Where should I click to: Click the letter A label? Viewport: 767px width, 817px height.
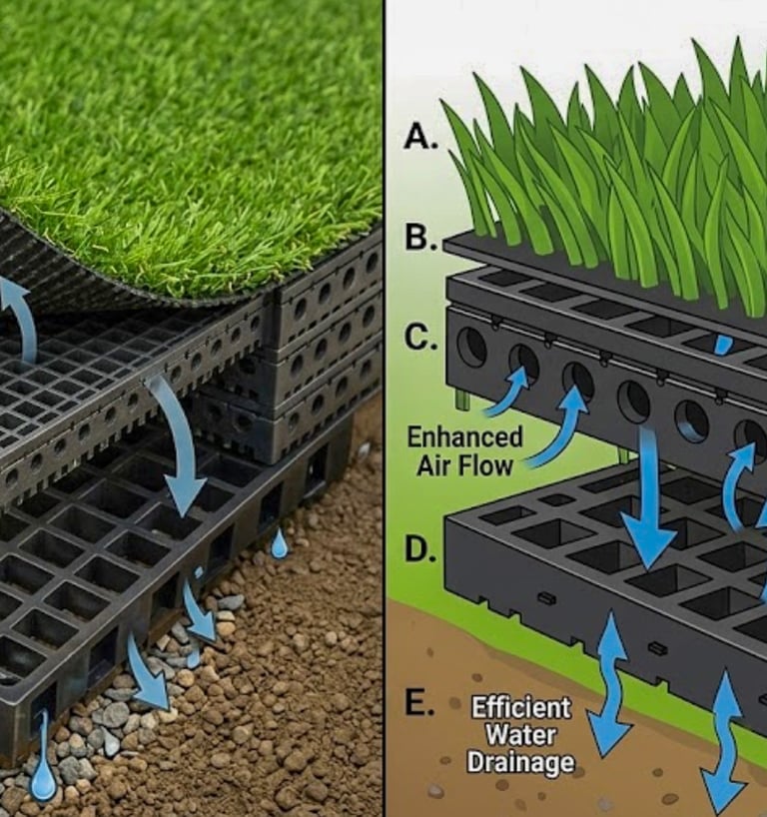pyautogui.click(x=420, y=138)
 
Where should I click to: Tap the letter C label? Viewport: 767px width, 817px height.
pyautogui.click(x=420, y=340)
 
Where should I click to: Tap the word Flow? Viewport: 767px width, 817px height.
pyautogui.click(x=493, y=463)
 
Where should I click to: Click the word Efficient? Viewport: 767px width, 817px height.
pyautogui.click(x=521, y=708)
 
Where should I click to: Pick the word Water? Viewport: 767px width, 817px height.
pyautogui.click(x=520, y=736)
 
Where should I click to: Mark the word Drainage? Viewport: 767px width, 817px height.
pyautogui.click(x=520, y=764)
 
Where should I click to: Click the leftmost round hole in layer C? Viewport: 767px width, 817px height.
pyautogui.click(x=471, y=347)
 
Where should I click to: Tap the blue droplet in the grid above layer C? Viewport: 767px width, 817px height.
pyautogui.click(x=724, y=344)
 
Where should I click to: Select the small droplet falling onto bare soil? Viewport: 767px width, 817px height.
pyautogui.click(x=280, y=543)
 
